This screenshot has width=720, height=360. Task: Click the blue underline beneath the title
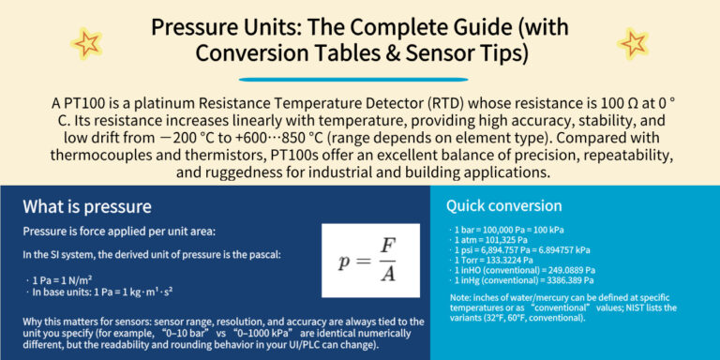coord(360,79)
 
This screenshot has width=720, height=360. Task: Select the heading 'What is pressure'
coord(87,207)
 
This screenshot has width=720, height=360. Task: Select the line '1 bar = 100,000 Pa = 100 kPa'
coord(506,229)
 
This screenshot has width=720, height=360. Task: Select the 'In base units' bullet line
coord(97,292)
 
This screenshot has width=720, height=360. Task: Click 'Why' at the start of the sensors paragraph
coord(34,322)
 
